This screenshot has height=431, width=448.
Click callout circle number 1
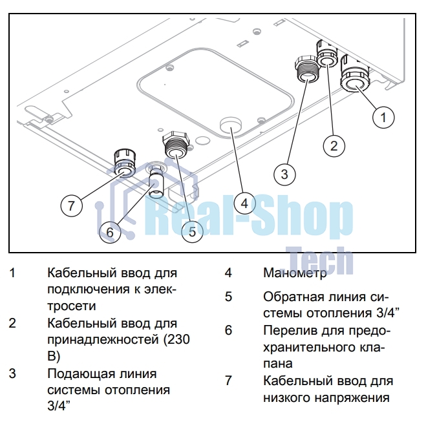[x=383, y=117]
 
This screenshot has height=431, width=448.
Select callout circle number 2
[x=334, y=145]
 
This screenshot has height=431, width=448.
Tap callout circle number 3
[x=284, y=173]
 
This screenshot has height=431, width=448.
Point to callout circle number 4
[x=244, y=204]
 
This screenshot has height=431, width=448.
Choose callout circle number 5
[x=192, y=231]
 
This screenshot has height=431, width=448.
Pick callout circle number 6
[x=110, y=231]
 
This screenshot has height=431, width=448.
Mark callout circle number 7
[x=72, y=206]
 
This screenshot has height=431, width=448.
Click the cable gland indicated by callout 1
[x=354, y=77]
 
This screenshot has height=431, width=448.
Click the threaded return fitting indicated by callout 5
[x=175, y=146]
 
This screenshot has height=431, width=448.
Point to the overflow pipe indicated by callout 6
[x=156, y=183]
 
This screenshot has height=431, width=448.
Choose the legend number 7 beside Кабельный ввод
[x=228, y=381]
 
